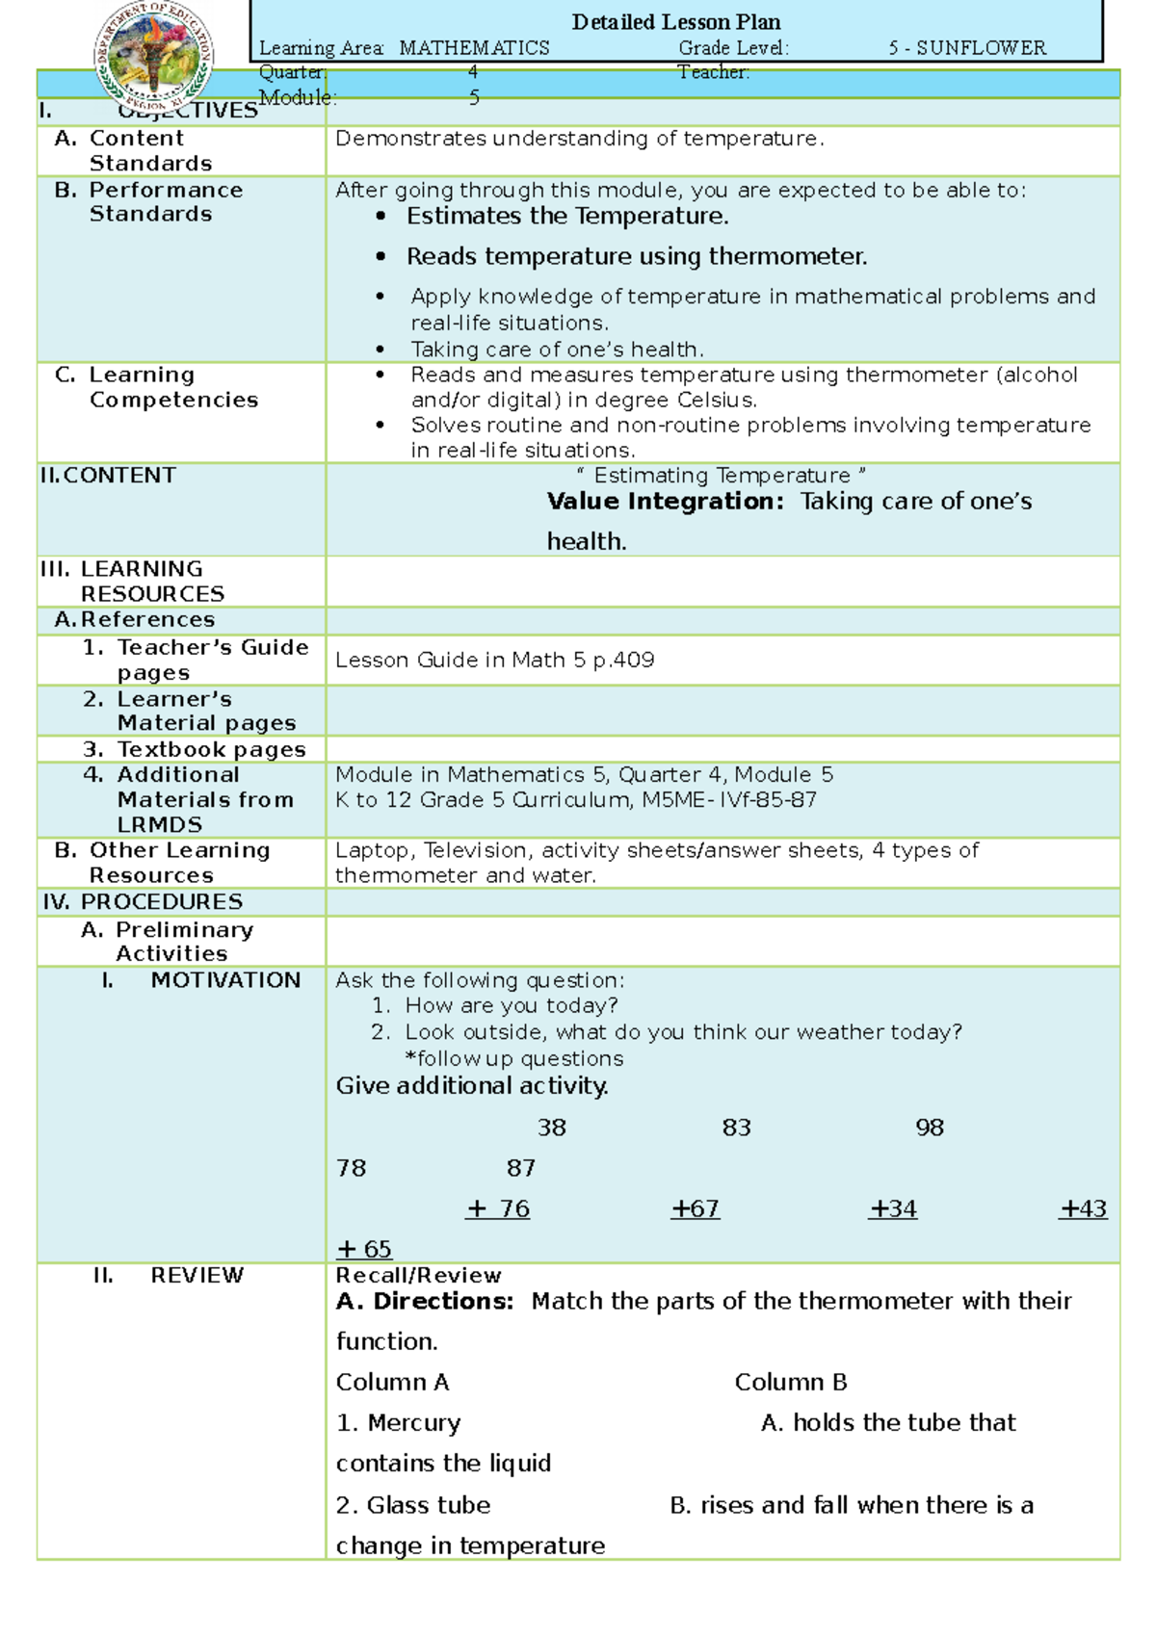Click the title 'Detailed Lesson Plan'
(675, 21)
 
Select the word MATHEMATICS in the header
(474, 47)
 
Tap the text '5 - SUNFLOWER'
(967, 47)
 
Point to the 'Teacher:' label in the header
(713, 72)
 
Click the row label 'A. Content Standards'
(134, 150)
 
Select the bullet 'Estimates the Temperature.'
(566, 216)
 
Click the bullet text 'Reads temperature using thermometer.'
(636, 256)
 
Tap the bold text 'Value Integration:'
(666, 501)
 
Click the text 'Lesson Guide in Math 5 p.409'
(494, 660)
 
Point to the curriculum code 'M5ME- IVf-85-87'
(728, 799)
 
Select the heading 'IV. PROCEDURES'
(143, 901)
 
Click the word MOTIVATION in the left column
(225, 979)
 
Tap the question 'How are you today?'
(511, 1005)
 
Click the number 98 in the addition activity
(930, 1128)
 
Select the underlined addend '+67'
(696, 1208)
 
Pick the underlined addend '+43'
(1084, 1208)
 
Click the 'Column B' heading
(790, 1382)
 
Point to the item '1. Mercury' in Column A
(399, 1422)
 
